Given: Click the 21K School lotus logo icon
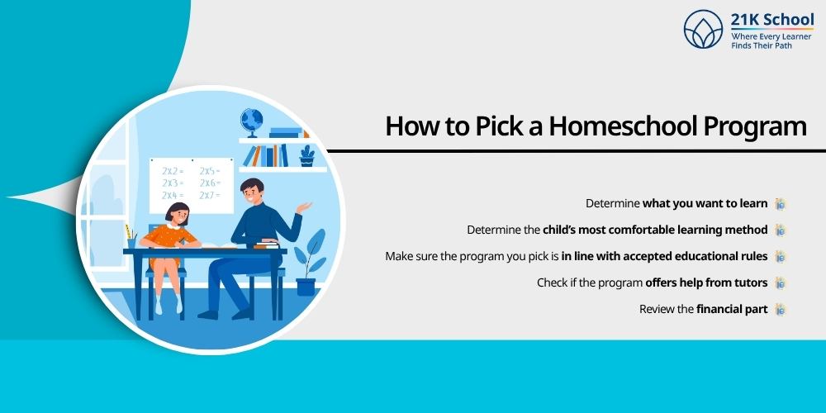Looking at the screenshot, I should click(x=704, y=30).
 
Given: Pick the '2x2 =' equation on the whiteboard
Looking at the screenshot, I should click(x=173, y=170).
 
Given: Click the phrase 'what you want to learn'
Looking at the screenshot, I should click(x=705, y=203).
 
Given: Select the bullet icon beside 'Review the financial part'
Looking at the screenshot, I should click(x=779, y=309).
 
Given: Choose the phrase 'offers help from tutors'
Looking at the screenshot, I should click(x=706, y=282).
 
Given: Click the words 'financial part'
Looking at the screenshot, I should click(x=732, y=309).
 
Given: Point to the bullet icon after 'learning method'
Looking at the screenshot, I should click(x=779, y=230).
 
